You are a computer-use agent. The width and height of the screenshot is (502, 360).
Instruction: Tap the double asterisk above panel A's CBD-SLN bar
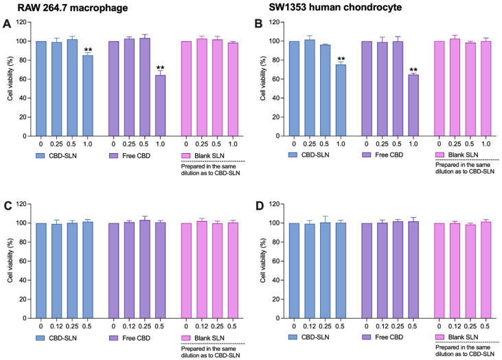pos(89,50)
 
